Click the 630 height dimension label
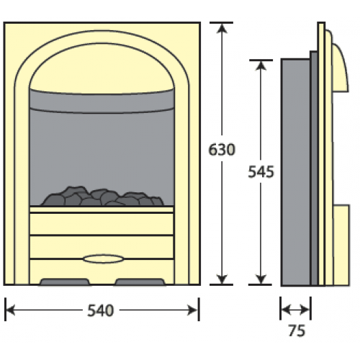pyautogui.click(x=222, y=150)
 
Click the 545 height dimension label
pyautogui.click(x=261, y=172)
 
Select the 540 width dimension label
pyautogui.click(x=100, y=310)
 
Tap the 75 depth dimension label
pyautogui.click(x=297, y=330)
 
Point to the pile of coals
pyautogui.click(x=102, y=197)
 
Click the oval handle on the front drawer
pyautogui.click(x=104, y=259)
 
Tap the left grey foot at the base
pyautogui.click(x=65, y=282)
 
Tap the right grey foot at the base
pyautogui.click(x=140, y=282)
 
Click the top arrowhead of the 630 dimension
pyautogui.click(x=222, y=27)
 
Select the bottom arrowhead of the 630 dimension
pyautogui.click(x=222, y=279)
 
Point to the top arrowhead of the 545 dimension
pyautogui.click(x=261, y=65)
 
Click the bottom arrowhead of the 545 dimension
pyautogui.click(x=261, y=279)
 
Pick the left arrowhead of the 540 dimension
pyautogui.click(x=10, y=310)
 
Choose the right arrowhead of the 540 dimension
pyautogui.click(x=194, y=310)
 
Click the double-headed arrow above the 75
pyautogui.click(x=295, y=310)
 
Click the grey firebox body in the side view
pyautogui.click(x=296, y=172)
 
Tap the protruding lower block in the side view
pyautogui.click(x=341, y=246)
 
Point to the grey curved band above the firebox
pyautogui.click(x=102, y=101)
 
